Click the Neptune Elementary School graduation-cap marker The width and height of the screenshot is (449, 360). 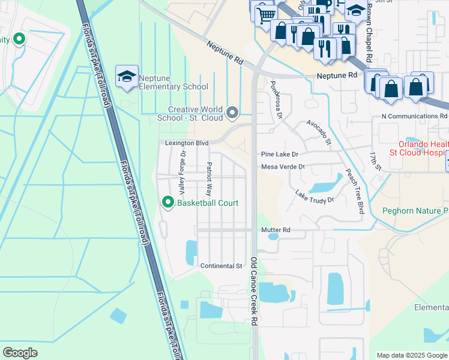[x=127, y=77]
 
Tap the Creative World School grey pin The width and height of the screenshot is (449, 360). [x=233, y=112]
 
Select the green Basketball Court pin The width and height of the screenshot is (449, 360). [x=168, y=203]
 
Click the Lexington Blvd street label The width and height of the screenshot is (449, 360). [x=187, y=143]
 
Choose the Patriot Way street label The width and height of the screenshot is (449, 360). [x=209, y=179]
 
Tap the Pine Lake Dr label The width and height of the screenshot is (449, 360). [x=279, y=154]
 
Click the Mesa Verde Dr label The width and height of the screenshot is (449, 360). [x=283, y=167]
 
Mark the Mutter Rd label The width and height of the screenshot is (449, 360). [x=276, y=230]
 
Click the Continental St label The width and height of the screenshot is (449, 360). [x=220, y=266]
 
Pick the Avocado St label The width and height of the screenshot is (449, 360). [x=319, y=132]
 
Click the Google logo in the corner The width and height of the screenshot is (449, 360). [x=20, y=353]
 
